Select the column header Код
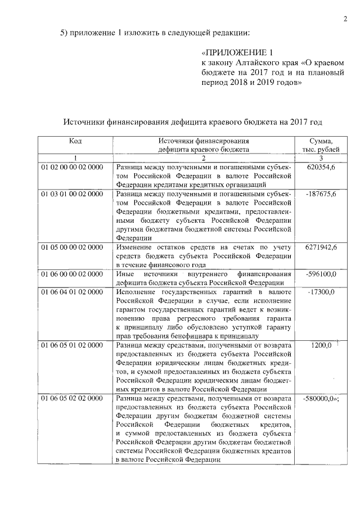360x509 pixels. tap(75, 141)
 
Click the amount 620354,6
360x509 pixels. tap(322, 168)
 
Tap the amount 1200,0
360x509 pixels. tap(322, 345)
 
